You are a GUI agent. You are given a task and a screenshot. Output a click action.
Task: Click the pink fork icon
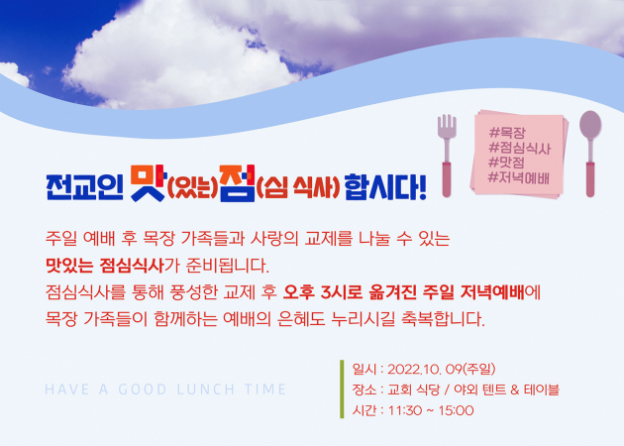(x=447, y=156)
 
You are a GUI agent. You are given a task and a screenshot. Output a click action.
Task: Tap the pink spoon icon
(x=590, y=154)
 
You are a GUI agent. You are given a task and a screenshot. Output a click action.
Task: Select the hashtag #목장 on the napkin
(x=507, y=133)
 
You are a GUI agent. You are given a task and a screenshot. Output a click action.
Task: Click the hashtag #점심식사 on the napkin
(x=520, y=148)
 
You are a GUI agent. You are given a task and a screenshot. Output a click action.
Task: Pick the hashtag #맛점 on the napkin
(x=506, y=163)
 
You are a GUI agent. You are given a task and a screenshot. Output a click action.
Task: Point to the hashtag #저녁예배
(x=519, y=177)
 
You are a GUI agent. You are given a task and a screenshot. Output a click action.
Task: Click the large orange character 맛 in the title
(x=148, y=182)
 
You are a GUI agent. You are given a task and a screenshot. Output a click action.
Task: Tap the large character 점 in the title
(x=238, y=183)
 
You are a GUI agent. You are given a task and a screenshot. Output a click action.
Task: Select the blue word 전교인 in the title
(x=84, y=186)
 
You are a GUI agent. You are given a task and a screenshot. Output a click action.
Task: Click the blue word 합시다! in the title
(x=385, y=186)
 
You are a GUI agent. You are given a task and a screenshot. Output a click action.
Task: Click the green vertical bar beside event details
(x=342, y=390)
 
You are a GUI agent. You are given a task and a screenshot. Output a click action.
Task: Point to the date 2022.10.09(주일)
(x=442, y=369)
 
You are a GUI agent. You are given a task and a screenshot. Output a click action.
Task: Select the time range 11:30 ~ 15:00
(x=431, y=410)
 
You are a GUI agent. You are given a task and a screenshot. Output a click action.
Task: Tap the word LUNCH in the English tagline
(x=206, y=390)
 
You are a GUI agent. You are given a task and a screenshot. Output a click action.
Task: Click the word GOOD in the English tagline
(x=143, y=390)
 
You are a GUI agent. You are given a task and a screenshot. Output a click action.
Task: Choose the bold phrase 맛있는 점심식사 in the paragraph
(x=105, y=266)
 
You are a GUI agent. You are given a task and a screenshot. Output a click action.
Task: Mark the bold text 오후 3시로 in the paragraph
(x=323, y=292)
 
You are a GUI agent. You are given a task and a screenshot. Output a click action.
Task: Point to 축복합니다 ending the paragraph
(x=444, y=319)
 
